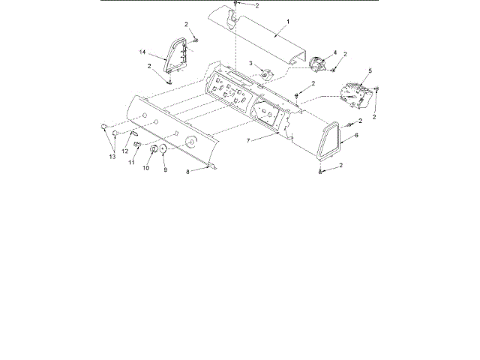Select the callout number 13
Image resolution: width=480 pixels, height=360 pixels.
(x=112, y=157)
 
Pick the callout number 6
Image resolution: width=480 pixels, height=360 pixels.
(x=356, y=135)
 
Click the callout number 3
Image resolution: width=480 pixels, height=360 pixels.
(x=250, y=63)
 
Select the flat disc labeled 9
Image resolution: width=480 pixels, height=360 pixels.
(x=163, y=148)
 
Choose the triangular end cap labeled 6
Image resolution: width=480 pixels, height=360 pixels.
(x=328, y=142)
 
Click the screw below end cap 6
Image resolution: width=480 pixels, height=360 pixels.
(x=320, y=173)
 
